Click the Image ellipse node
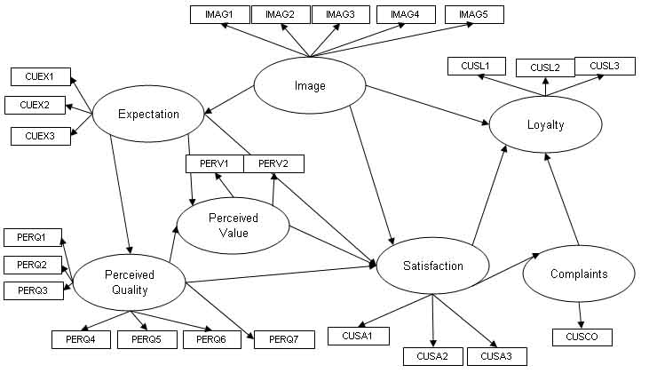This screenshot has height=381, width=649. [x=310, y=86]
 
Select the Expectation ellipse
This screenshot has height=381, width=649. [x=148, y=114]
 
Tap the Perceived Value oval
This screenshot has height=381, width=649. [x=233, y=225]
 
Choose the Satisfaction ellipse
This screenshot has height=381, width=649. [x=432, y=266]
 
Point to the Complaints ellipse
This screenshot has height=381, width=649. [x=579, y=274]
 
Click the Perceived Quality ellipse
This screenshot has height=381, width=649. [x=130, y=282]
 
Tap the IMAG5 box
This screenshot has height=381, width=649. [x=473, y=14]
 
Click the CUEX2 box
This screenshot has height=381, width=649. [x=34, y=106]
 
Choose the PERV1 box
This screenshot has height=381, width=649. [x=214, y=164]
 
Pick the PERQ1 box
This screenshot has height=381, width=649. [x=32, y=236]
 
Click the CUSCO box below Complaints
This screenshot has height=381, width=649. [x=582, y=337]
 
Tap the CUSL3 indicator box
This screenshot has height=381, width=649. [x=604, y=65]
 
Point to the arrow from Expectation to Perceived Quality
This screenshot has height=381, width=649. [x=121, y=195]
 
